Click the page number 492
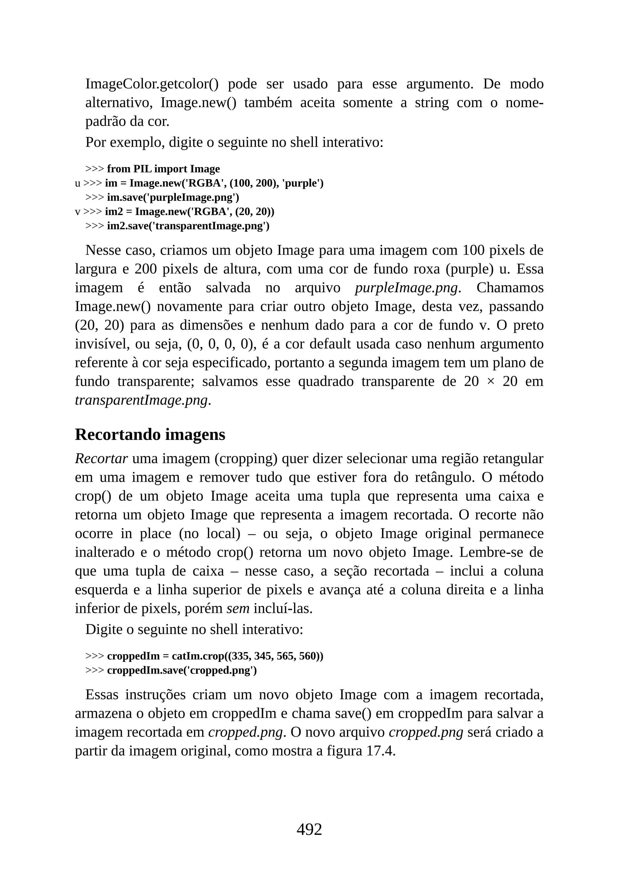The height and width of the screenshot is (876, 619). click(309, 829)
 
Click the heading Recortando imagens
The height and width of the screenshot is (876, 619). click(150, 435)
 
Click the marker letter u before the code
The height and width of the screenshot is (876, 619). click(78, 184)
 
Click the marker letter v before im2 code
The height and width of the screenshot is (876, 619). click(78, 212)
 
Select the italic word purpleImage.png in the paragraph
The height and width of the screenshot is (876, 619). click(406, 288)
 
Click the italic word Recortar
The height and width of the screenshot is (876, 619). click(101, 459)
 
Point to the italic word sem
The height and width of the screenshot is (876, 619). click(238, 609)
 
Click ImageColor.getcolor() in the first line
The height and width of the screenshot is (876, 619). click(152, 84)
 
